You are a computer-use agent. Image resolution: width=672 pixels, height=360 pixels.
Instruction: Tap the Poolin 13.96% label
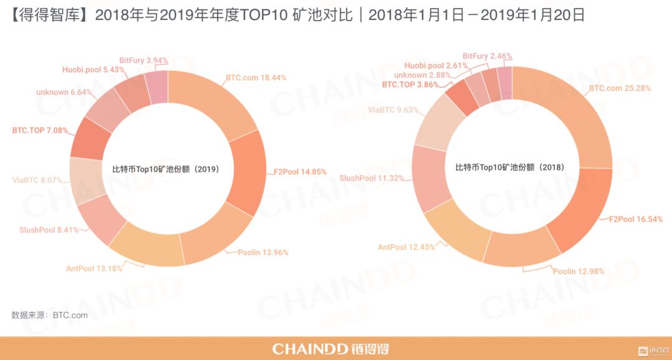coord(263,252)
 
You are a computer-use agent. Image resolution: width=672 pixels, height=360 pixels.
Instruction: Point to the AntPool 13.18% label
coord(94,269)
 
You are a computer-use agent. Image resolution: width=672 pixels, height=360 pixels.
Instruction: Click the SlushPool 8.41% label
coord(49,229)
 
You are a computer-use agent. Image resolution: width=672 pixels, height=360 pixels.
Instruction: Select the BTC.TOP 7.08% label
coord(40,131)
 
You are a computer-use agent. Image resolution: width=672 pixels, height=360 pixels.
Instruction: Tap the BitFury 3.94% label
coord(144,60)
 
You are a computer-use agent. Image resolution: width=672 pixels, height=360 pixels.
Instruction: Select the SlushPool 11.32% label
coord(371,178)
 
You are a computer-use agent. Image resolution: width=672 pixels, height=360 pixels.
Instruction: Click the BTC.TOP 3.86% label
coord(410,83)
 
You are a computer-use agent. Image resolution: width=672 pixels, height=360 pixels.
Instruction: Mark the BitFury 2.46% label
coord(487,56)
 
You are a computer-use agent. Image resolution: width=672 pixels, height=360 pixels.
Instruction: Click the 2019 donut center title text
coord(165,168)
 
